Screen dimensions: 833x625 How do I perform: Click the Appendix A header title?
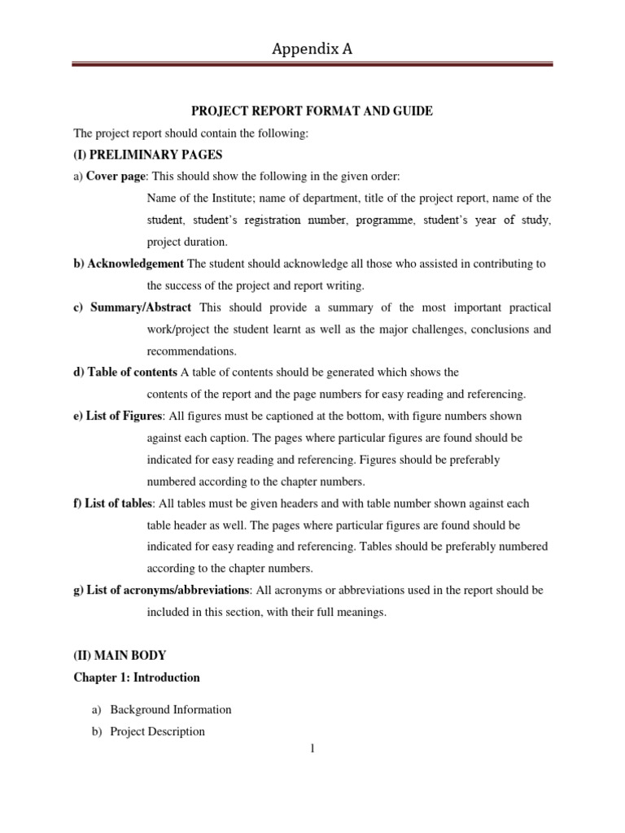(312, 50)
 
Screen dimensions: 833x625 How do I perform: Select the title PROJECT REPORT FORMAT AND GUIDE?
(312, 111)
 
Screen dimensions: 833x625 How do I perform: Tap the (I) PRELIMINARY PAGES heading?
(147, 155)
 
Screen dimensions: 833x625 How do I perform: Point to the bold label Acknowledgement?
(135, 264)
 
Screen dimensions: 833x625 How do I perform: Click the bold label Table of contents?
(130, 372)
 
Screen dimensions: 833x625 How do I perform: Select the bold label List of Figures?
(124, 416)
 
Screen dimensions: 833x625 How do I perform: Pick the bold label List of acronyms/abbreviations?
(168, 590)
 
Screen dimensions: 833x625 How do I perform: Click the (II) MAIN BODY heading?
(120, 655)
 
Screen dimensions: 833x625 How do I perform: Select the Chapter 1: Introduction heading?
(137, 677)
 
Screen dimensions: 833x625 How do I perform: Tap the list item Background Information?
(171, 709)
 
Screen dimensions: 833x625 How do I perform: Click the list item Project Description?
(157, 731)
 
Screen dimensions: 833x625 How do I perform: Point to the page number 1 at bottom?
(312, 748)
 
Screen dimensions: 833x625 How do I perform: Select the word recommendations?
(191, 351)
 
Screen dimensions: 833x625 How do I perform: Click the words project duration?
(187, 242)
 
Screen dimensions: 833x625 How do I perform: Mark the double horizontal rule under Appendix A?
(312, 64)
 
